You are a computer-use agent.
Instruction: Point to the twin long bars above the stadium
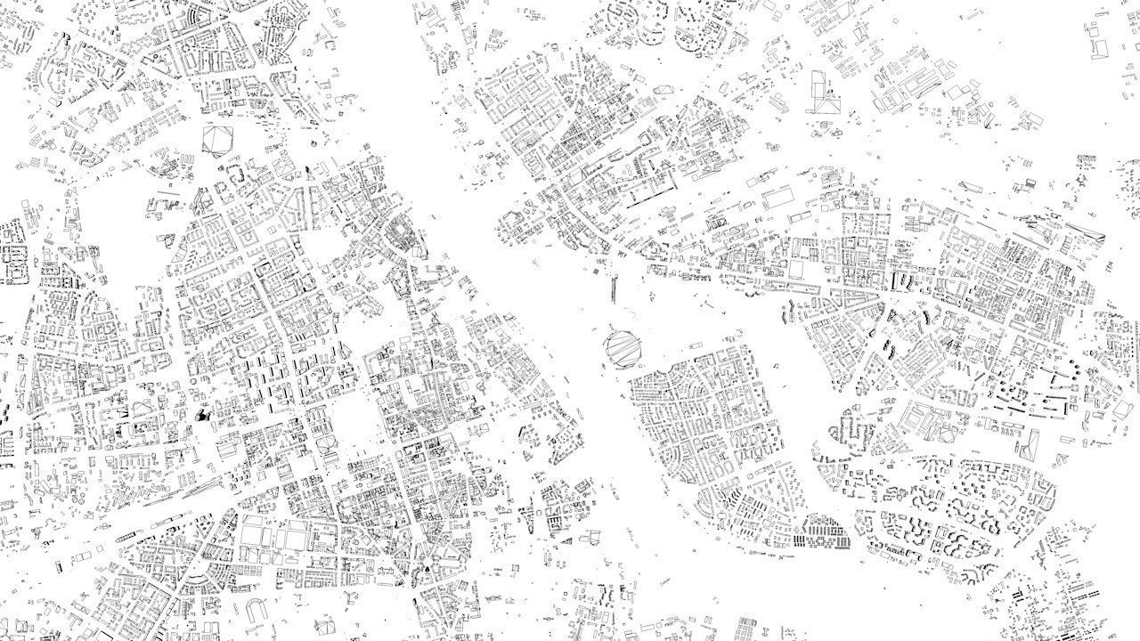pos(615,287)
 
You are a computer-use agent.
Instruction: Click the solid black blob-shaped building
pos(202,414)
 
